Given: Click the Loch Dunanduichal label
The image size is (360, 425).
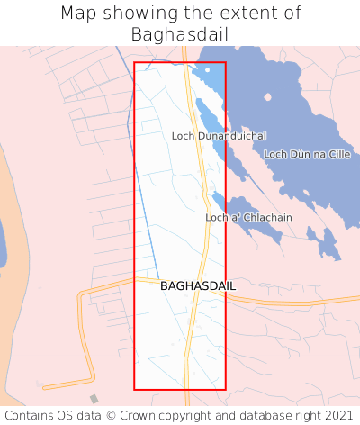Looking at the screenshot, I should click(x=219, y=136).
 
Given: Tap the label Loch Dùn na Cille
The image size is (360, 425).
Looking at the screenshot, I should click(x=307, y=155).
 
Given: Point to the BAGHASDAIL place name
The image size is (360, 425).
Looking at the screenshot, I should click(x=198, y=285).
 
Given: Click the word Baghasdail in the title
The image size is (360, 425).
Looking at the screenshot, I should click(x=180, y=34).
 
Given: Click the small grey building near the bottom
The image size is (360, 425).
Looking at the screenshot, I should click(x=94, y=399).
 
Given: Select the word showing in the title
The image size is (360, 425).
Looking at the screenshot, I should click(x=139, y=14).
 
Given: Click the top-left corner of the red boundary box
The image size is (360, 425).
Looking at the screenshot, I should click(x=135, y=62).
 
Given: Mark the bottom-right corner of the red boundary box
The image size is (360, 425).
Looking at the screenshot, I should click(x=225, y=389).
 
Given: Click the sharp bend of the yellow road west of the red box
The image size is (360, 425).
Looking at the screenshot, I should click(x=81, y=294).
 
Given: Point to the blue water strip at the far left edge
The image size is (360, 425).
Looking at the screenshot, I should click(x=2, y=243).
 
